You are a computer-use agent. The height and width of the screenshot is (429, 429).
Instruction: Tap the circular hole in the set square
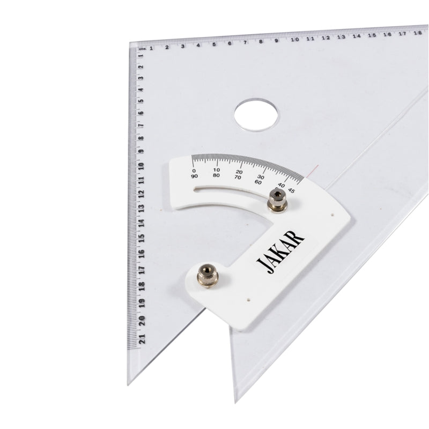[x=256, y=114]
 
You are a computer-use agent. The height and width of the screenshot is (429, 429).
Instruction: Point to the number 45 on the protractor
[x=292, y=189]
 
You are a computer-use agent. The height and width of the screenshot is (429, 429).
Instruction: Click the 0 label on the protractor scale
[x=194, y=171]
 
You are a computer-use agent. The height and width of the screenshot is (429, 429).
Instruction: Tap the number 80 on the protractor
[x=216, y=175]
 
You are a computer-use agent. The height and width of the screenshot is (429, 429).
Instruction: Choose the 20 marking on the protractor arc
[x=239, y=173]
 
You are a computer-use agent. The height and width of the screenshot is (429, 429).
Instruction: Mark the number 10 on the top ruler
[x=294, y=39]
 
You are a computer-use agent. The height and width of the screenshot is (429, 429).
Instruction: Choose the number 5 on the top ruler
[x=214, y=44]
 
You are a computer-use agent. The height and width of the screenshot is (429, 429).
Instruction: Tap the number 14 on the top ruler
[x=356, y=36]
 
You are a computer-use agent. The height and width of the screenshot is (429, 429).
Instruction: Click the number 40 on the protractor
[x=282, y=184]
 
